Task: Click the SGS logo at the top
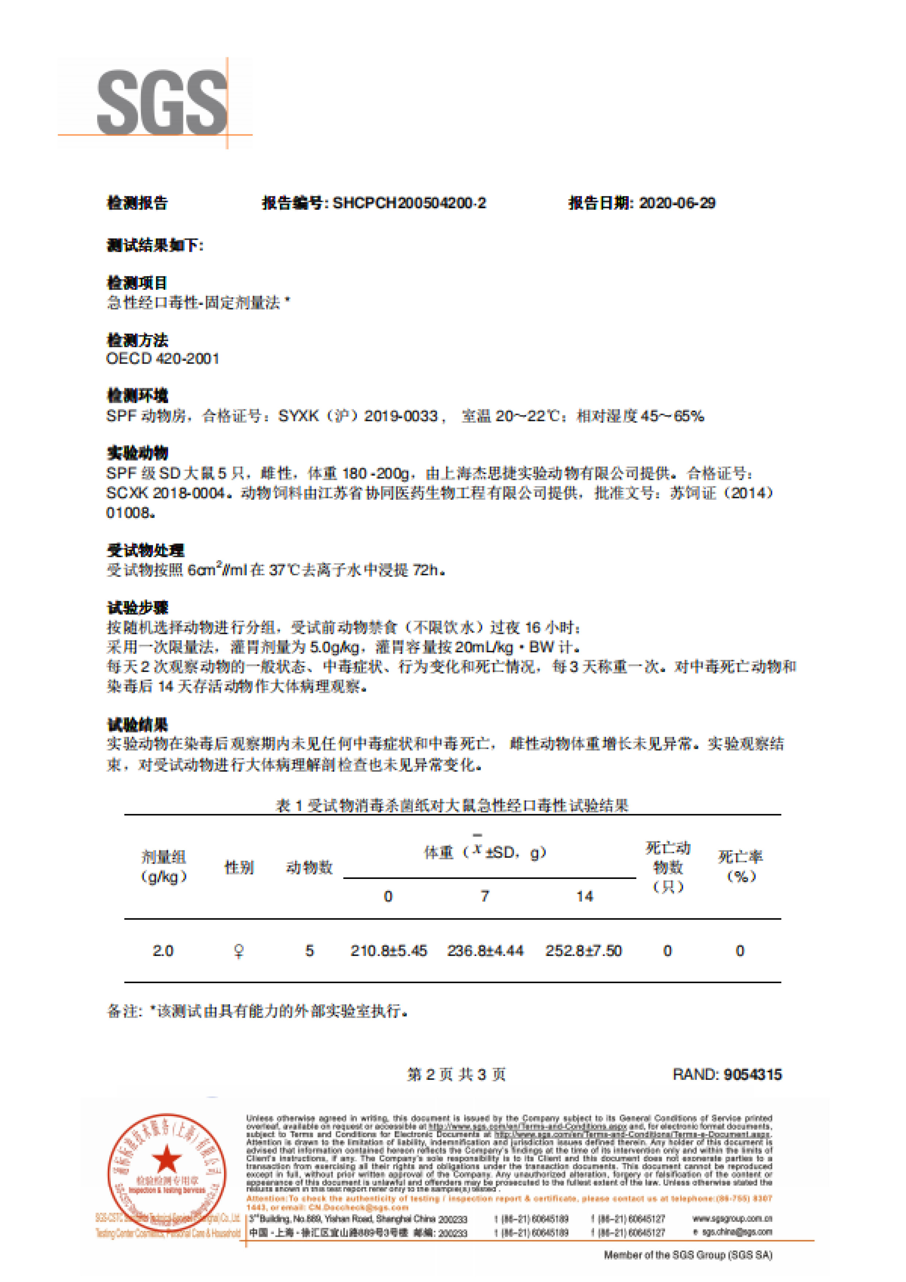pyautogui.click(x=161, y=103)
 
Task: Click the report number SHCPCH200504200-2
pyautogui.click(x=409, y=203)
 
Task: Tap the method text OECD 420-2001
pyautogui.click(x=163, y=359)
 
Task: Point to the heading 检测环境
pyautogui.click(x=137, y=395)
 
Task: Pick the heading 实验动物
pyautogui.click(x=137, y=452)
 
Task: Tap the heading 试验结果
pyautogui.click(x=137, y=725)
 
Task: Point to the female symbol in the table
pyautogui.click(x=239, y=951)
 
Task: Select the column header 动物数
pyautogui.click(x=309, y=867)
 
